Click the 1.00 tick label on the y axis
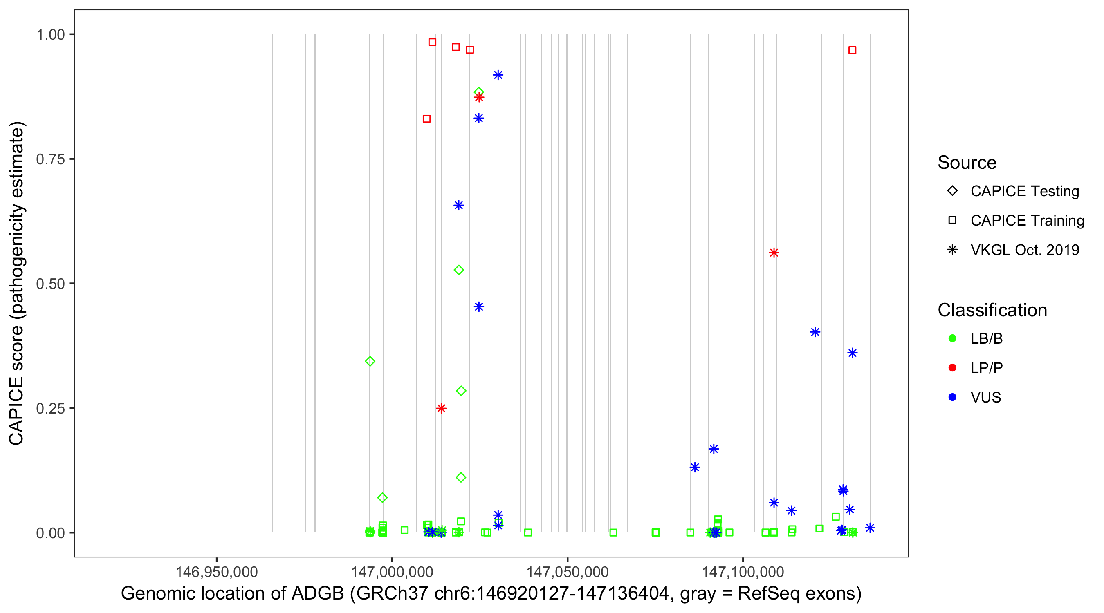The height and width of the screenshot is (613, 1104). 50,35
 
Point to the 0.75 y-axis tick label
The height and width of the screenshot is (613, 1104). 50,159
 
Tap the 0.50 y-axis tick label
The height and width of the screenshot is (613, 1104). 50,284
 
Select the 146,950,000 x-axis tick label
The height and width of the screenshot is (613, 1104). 216,572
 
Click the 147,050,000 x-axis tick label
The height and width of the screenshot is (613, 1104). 568,572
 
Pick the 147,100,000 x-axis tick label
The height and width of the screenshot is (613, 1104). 743,572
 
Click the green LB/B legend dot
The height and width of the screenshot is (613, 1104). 952,338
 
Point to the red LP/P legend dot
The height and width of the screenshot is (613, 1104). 952,368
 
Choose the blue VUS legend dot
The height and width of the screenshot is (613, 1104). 952,398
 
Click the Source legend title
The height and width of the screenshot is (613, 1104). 967,163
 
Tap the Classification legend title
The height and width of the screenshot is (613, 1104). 992,310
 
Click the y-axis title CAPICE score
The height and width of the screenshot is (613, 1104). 17,284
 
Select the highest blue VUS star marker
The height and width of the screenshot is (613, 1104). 498,75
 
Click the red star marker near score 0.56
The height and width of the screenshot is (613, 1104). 774,253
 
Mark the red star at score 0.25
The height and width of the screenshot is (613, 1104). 441,409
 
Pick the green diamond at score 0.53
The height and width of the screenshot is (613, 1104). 459,270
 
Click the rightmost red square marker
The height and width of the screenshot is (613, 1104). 853,51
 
